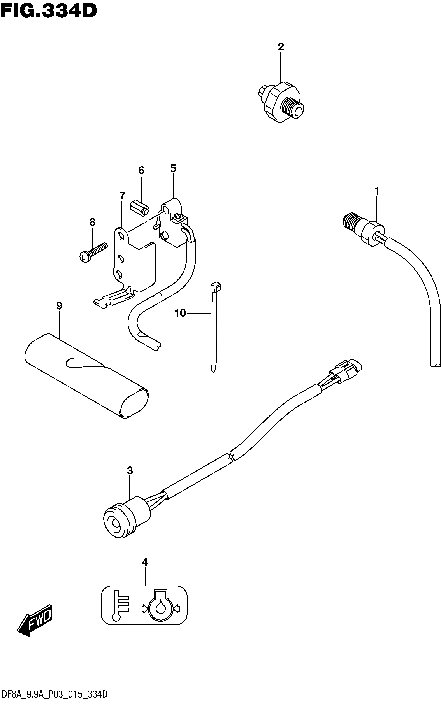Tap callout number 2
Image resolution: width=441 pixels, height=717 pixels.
coord(281,47)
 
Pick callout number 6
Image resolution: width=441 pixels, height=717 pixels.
coord(141,170)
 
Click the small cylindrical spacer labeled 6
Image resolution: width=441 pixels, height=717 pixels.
coord(139,208)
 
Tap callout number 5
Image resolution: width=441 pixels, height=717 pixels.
coord(173,168)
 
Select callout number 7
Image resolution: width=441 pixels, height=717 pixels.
coord(122,196)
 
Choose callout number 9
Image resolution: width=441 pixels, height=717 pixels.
coord(59,306)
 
